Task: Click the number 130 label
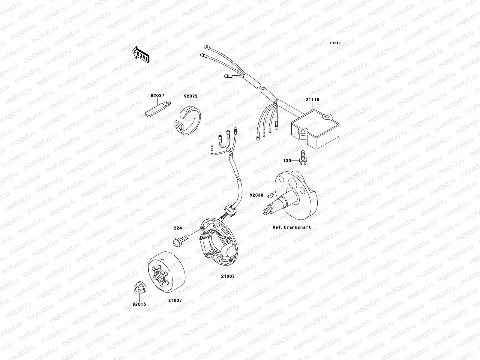287,161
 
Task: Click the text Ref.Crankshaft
292,227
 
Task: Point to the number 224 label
178,228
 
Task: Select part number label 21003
228,276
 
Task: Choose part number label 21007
175,300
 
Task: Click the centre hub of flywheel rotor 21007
161,273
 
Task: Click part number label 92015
139,304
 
